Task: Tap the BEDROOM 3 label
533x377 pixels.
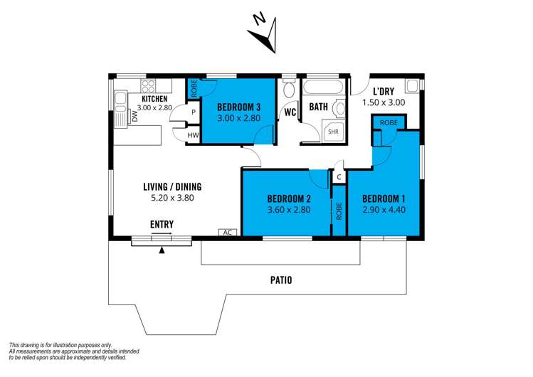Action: tap(238, 107)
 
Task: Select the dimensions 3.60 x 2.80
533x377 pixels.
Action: tap(289, 210)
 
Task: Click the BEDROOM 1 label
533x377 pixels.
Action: tap(384, 198)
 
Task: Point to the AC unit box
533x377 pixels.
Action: tap(228, 233)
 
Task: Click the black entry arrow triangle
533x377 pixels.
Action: tap(162, 250)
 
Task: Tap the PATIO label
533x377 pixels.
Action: tap(281, 280)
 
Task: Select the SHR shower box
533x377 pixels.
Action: tap(333, 131)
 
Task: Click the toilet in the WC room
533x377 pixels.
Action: tap(290, 90)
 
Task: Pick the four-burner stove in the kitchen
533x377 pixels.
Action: tap(148, 86)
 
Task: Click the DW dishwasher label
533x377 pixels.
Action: tap(135, 117)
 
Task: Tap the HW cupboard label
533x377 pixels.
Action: tap(193, 136)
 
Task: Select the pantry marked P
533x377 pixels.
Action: tap(194, 112)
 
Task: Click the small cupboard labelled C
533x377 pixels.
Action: tap(339, 177)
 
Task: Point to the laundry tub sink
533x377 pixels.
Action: tap(412, 85)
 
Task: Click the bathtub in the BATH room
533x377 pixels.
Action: tap(322, 87)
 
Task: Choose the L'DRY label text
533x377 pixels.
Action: tap(384, 91)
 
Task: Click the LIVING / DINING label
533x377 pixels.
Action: tap(172, 187)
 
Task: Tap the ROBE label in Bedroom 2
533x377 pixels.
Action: tap(339, 211)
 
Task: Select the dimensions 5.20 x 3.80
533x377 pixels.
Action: tap(172, 198)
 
